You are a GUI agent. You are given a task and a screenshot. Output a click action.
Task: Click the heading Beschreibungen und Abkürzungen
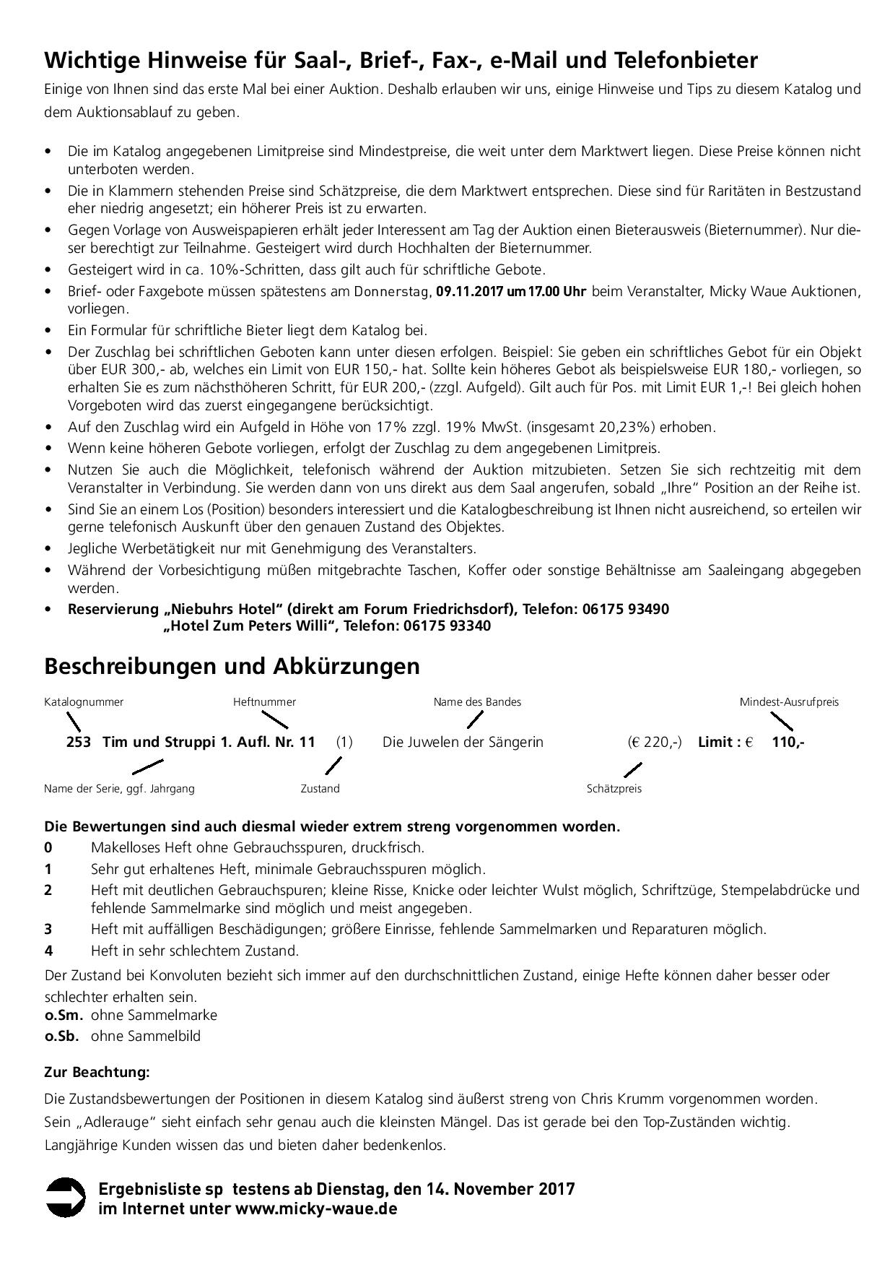[232, 665]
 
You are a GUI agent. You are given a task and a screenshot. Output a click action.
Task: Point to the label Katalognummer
[84, 702]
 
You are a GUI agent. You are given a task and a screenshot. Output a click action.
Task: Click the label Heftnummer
[264, 702]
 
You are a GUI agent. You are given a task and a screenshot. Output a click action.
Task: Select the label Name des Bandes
[477, 702]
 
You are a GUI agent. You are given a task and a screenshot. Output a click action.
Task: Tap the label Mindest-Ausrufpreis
[789, 702]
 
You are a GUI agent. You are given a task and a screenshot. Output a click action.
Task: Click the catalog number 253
[78, 742]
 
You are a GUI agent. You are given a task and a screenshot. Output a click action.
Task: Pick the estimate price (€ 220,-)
[654, 742]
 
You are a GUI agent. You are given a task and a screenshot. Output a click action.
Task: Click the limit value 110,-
[788, 742]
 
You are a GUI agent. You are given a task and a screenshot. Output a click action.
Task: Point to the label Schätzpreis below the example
[614, 789]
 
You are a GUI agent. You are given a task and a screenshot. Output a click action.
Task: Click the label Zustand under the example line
[320, 789]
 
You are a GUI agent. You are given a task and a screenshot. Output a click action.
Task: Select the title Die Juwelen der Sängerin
[463, 742]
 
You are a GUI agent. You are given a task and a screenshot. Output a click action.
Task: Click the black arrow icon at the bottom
[66, 1197]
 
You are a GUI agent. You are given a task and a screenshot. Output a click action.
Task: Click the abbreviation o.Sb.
[62, 1036]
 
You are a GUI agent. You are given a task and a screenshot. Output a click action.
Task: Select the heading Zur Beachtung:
[97, 1072]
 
